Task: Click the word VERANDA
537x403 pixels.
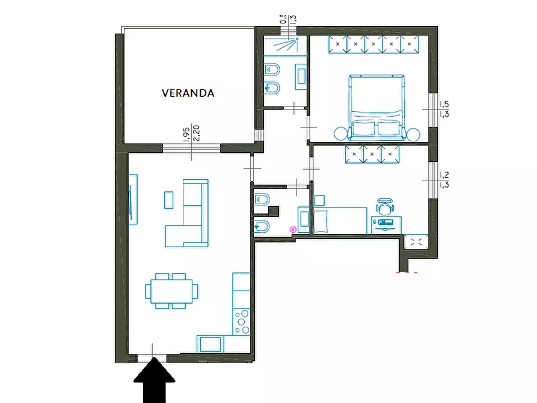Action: click(188, 93)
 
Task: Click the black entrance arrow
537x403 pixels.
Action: click(154, 380)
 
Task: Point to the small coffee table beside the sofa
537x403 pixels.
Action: click(169, 200)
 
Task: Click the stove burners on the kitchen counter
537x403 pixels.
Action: click(242, 322)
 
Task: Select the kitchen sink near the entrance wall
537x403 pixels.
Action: click(210, 344)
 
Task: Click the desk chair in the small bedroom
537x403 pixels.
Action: click(384, 206)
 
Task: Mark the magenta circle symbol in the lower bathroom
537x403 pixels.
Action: click(293, 229)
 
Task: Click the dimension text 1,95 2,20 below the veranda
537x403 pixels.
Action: click(191, 134)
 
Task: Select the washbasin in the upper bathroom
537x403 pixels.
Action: click(301, 75)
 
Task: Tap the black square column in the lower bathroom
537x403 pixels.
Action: click(274, 211)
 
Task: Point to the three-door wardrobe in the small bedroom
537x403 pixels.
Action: click(372, 155)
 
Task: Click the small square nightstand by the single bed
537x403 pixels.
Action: click(319, 200)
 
